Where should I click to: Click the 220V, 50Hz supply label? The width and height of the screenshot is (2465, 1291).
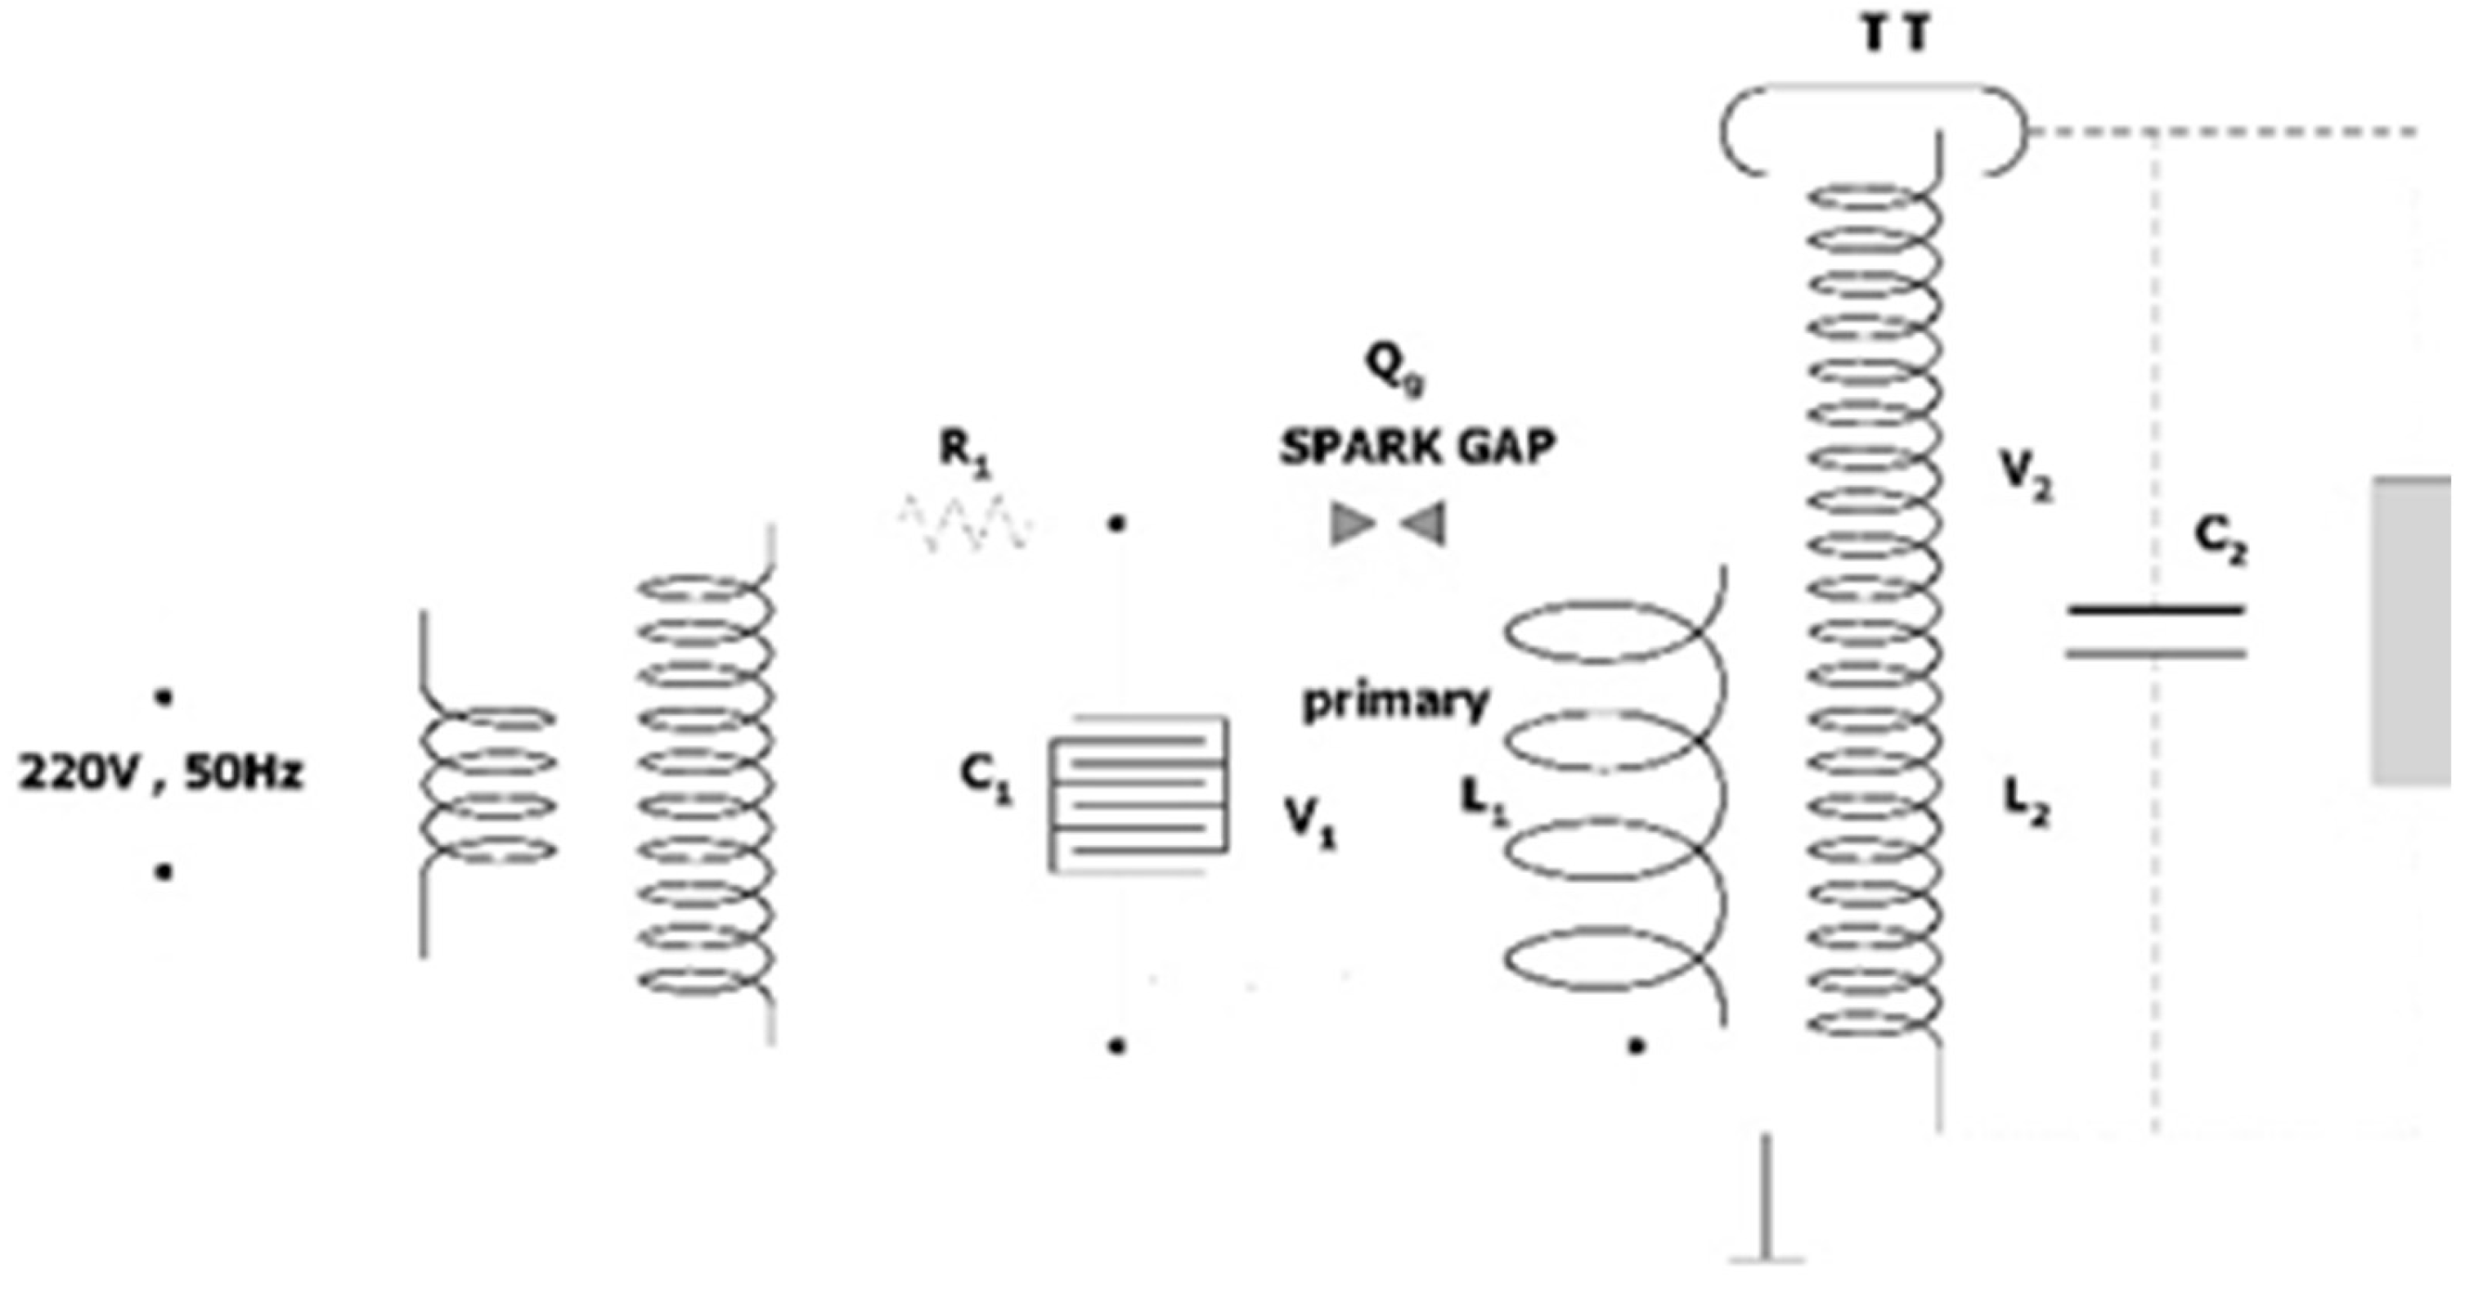tap(161, 773)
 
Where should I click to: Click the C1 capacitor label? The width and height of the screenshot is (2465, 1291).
tap(986, 780)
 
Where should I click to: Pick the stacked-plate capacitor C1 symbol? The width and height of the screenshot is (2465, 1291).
tap(1138, 794)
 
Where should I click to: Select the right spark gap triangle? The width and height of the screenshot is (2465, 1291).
tap(1425, 524)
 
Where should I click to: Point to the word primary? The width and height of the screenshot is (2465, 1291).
tap(1396, 703)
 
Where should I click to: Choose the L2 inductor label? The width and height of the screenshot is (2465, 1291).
tap(2027, 804)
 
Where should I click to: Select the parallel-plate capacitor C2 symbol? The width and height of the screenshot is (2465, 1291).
tap(2155, 632)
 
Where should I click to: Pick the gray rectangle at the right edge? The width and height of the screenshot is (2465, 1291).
tap(2411, 632)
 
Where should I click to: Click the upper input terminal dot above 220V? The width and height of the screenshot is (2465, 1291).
tap(164, 699)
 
